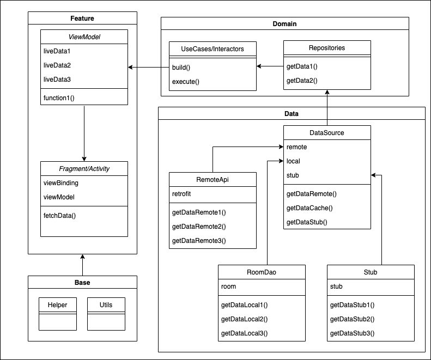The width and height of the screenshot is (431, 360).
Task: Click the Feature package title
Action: (82, 19)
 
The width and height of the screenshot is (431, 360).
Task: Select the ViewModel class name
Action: (84, 37)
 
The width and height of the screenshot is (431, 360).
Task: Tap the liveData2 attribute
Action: (57, 65)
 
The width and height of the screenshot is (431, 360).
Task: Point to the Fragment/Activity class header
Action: (84, 168)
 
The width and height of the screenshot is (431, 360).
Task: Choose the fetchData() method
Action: (59, 215)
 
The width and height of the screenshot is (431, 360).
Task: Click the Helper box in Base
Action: (57, 305)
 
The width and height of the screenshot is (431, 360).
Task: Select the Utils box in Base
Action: (106, 305)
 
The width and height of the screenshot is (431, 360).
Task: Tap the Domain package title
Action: (284, 24)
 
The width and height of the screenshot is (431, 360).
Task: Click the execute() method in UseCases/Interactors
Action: (186, 82)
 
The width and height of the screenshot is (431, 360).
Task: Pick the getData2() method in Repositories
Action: (301, 81)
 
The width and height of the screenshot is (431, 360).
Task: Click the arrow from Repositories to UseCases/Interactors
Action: (270, 66)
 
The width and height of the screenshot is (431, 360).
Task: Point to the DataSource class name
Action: (327, 132)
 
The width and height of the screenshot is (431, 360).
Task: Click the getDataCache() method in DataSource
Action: (309, 208)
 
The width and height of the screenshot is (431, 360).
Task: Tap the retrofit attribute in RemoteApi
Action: (183, 193)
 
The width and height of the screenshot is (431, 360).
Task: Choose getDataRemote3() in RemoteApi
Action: (199, 240)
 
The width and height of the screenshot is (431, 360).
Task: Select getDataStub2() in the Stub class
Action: (353, 319)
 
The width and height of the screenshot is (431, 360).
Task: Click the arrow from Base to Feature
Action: (82, 265)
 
